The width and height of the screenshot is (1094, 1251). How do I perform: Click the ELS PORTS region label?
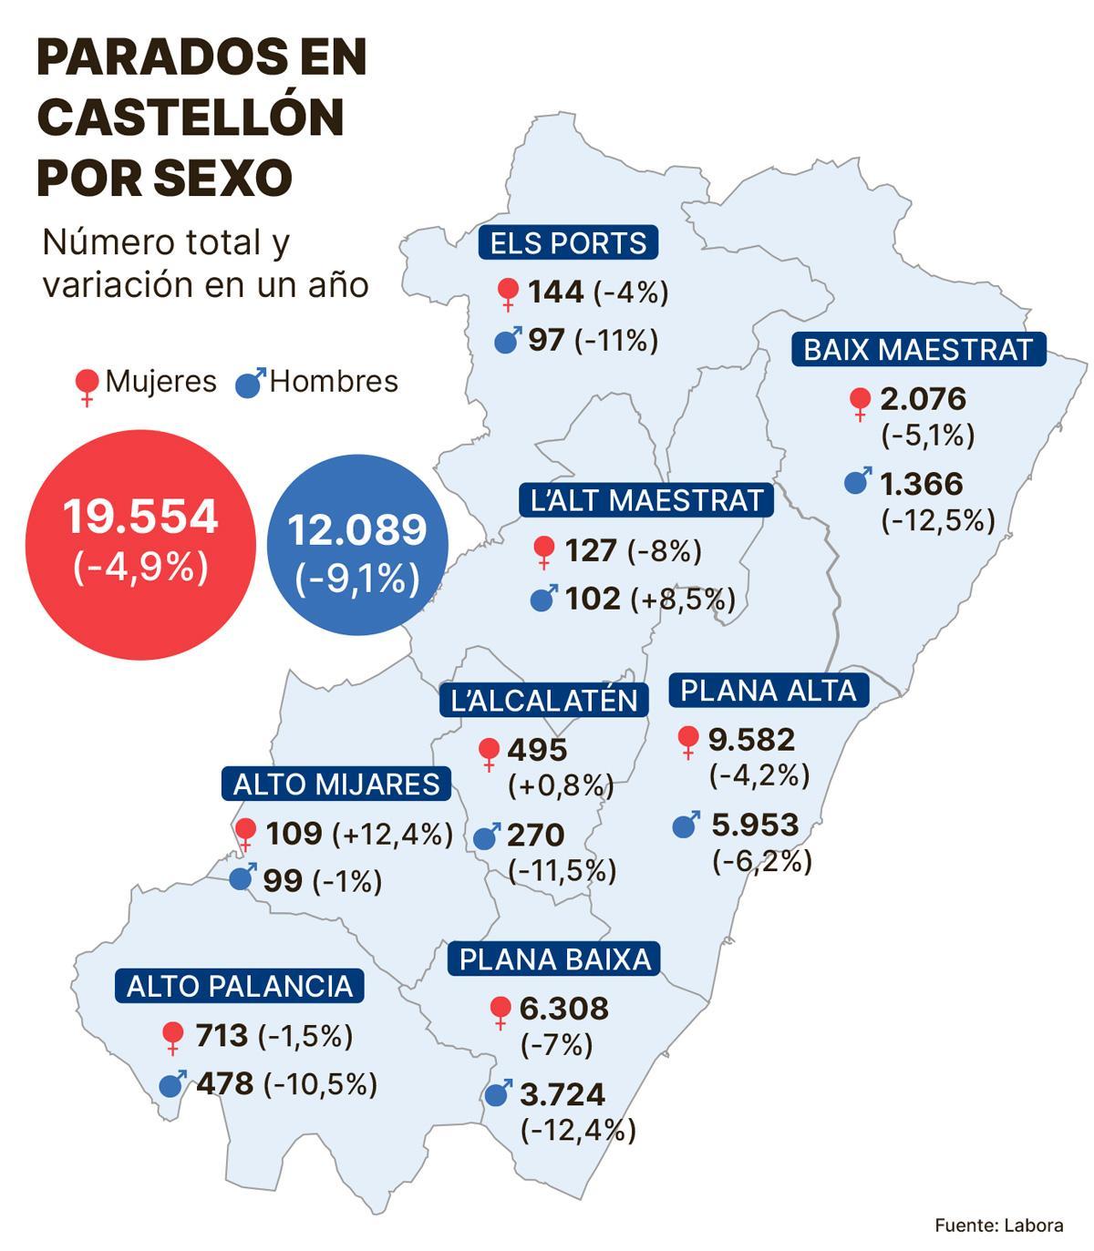pos(568,243)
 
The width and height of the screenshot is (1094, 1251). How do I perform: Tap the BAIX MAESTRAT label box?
pos(918,350)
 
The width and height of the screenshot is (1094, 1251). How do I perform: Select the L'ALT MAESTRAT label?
pos(646,500)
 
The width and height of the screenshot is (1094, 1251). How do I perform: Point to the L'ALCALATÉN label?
pos(543,700)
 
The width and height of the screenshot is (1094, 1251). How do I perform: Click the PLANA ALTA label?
pos(769,691)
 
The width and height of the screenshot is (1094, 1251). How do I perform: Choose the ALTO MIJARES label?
pos(335,784)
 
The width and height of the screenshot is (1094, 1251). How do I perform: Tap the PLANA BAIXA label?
pos(554,959)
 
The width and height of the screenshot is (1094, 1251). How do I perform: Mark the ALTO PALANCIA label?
pos(239,986)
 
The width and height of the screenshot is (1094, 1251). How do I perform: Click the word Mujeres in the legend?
pos(160,381)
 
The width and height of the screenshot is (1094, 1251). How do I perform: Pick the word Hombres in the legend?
pos(334,381)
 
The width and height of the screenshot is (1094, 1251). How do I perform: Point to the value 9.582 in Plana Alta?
pos(751,739)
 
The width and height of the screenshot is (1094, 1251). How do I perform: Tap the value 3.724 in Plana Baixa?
pos(562,1093)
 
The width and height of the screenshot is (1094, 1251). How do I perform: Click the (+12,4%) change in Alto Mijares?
pos(392,834)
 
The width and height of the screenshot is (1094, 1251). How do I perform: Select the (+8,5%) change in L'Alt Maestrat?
pos(682,599)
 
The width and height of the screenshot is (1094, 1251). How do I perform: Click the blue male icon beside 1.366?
pos(857,480)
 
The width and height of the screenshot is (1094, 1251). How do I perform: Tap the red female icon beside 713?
pos(172,1036)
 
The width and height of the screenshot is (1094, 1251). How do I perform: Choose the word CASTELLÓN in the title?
pos(191,117)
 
